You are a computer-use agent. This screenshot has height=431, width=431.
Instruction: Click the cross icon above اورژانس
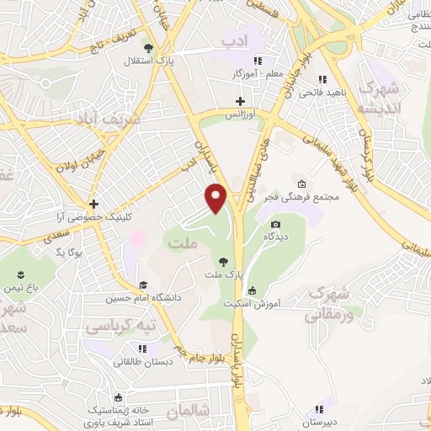[x=241, y=101]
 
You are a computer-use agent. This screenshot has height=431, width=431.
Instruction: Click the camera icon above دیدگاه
[x=275, y=224]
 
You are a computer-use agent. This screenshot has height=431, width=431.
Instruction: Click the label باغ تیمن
[x=22, y=287]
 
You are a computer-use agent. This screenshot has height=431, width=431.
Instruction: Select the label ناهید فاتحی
[x=320, y=91]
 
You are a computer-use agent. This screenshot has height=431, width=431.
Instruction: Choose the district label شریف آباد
[x=122, y=120]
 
